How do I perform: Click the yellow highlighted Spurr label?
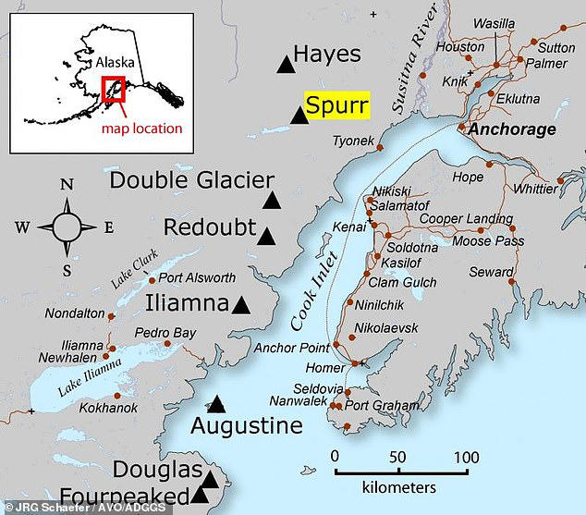pos(336,105)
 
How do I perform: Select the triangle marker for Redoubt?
pos(267,237)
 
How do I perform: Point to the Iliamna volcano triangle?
pos(241,305)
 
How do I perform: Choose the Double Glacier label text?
pos(192,180)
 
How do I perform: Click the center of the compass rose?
pos(67,227)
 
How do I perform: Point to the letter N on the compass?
pos(67,185)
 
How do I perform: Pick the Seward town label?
pos(491,272)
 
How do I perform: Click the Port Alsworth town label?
pos(197,277)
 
